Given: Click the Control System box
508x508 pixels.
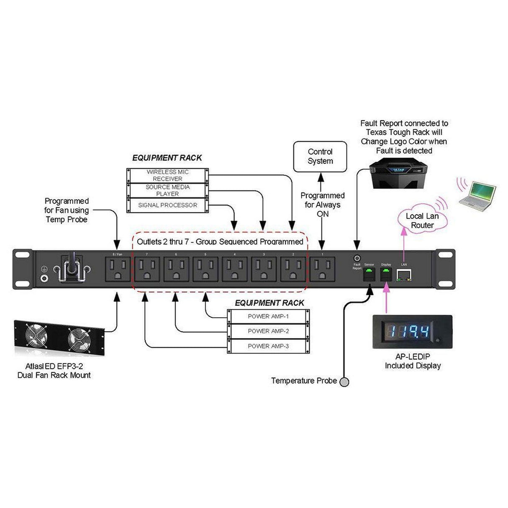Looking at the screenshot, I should (x=320, y=157).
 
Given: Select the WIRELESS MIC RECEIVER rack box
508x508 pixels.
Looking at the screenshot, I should (x=167, y=175).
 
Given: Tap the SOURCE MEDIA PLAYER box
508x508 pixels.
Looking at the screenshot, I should (x=167, y=190).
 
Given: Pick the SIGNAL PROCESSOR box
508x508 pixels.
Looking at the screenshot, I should (x=167, y=205).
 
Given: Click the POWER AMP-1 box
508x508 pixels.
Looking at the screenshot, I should (x=268, y=316).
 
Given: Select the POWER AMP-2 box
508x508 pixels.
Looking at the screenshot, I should (x=268, y=331).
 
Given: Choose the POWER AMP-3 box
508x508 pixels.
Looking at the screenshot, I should (x=268, y=346).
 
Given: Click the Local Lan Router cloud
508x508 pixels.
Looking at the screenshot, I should (x=422, y=221).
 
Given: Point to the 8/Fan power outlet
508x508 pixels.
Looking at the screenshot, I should (x=117, y=269).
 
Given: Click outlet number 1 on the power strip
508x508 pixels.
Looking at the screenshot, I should (x=322, y=269).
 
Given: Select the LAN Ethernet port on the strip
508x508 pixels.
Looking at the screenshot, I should (x=404, y=275).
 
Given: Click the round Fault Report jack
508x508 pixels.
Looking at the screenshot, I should (x=357, y=258).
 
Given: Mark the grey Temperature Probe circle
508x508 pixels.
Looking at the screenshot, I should (x=344, y=382).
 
